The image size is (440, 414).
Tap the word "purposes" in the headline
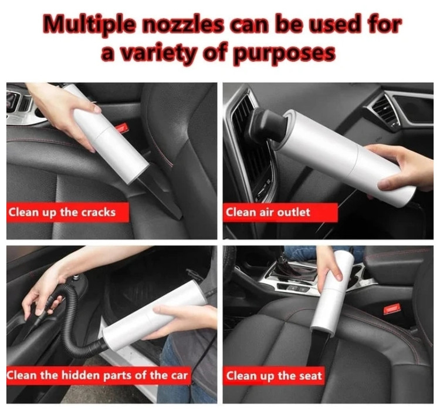(x=285, y=53)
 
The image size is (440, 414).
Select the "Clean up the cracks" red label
(x=67, y=213)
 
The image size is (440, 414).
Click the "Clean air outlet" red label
(x=280, y=213)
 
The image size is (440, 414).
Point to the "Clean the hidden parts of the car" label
(x=99, y=375)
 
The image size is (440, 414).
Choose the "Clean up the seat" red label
(x=274, y=375)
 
